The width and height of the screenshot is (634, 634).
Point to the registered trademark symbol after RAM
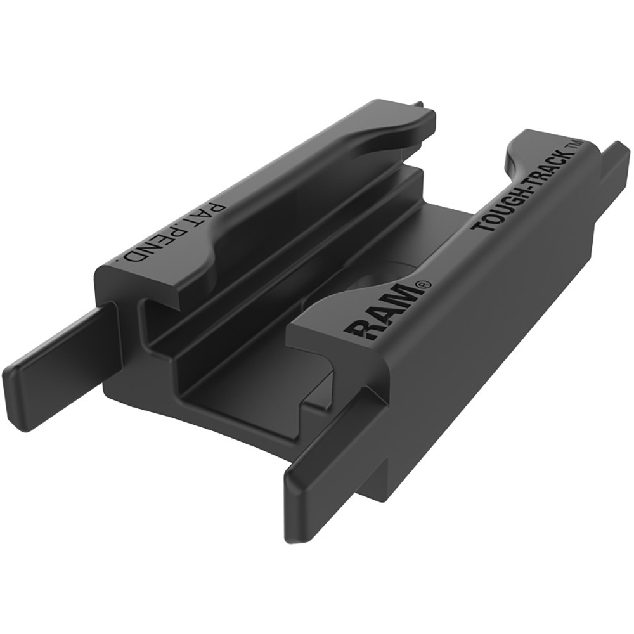pyautogui.click(x=424, y=287)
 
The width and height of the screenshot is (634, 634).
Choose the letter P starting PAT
pyautogui.click(x=226, y=211)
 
